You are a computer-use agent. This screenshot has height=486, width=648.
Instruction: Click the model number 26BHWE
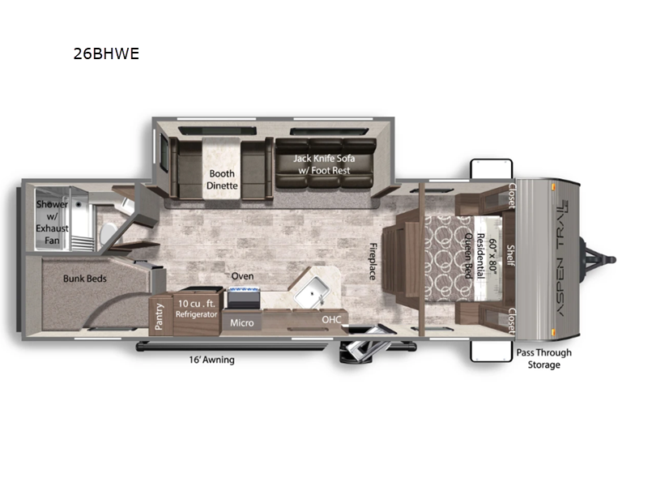tap(106, 53)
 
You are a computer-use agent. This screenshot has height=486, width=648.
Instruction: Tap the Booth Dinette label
tap(222, 180)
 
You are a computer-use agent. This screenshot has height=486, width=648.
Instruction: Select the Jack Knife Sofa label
tap(324, 164)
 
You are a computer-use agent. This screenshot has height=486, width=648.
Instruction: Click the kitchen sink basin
tap(313, 291)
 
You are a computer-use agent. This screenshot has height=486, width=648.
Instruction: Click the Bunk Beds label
tap(85, 279)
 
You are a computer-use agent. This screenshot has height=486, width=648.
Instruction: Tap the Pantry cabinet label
tap(159, 317)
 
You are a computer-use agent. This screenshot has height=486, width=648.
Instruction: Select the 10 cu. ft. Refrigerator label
tap(196, 309)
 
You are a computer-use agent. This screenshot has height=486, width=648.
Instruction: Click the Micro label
tap(241, 322)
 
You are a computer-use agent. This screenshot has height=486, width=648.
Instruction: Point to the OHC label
tap(331, 319)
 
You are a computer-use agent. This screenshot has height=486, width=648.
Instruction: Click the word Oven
tap(242, 276)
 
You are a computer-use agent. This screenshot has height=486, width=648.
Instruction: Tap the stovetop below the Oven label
tap(244, 298)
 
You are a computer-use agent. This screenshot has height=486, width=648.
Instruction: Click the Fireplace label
tap(373, 262)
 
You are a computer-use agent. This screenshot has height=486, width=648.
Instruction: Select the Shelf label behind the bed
tap(511, 255)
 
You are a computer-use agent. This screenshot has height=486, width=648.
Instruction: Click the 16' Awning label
tap(211, 360)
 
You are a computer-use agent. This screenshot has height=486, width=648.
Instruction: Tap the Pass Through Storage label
tap(544, 359)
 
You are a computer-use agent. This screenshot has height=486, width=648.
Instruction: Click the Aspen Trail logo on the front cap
tap(563, 258)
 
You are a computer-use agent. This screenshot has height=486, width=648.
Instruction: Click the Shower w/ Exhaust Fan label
tap(52, 222)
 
